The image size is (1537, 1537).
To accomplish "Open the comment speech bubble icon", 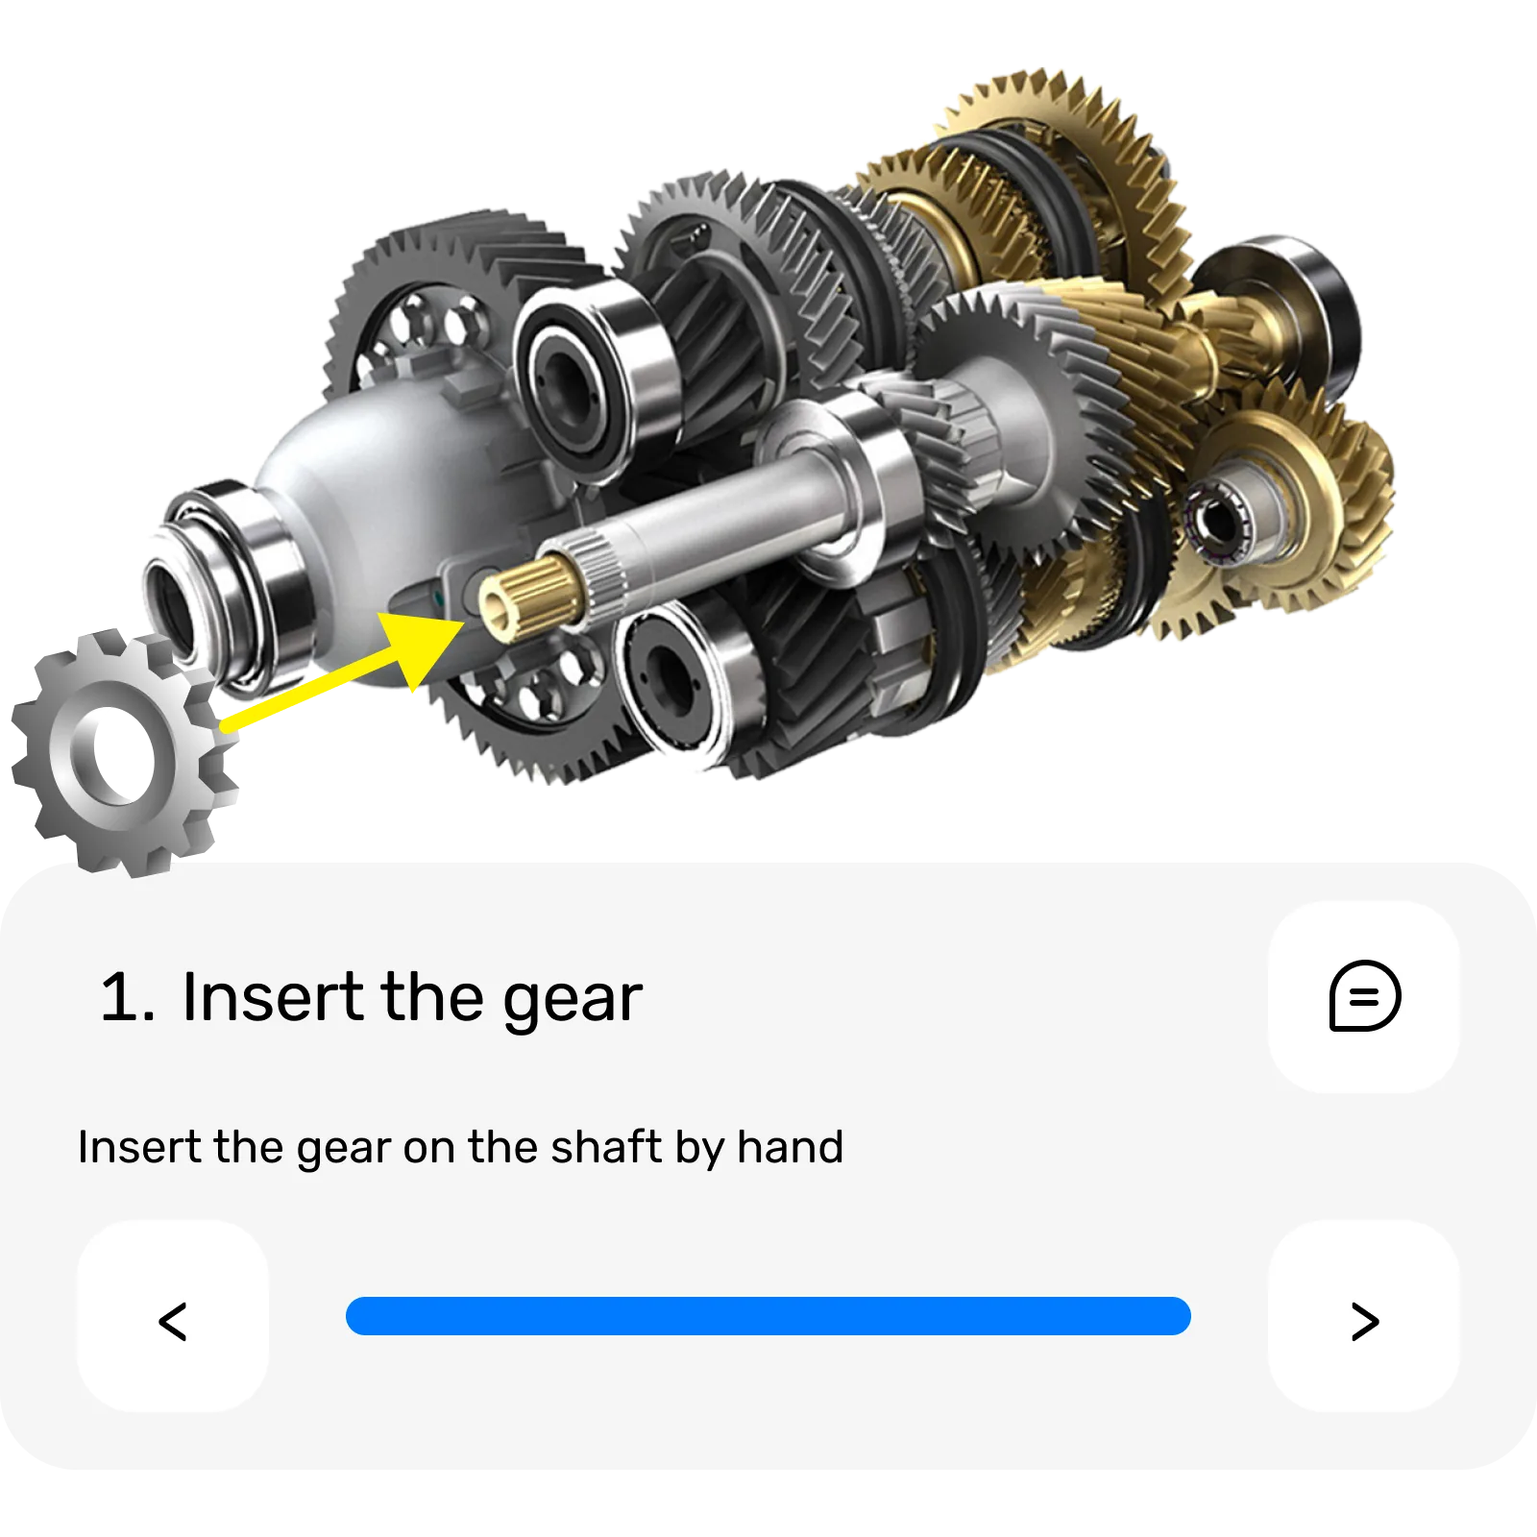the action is [1364, 996].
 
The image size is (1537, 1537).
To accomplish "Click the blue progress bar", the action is [768, 1316].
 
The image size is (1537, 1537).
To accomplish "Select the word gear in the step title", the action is [573, 1003].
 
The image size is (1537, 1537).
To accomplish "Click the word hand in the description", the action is [791, 1146].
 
